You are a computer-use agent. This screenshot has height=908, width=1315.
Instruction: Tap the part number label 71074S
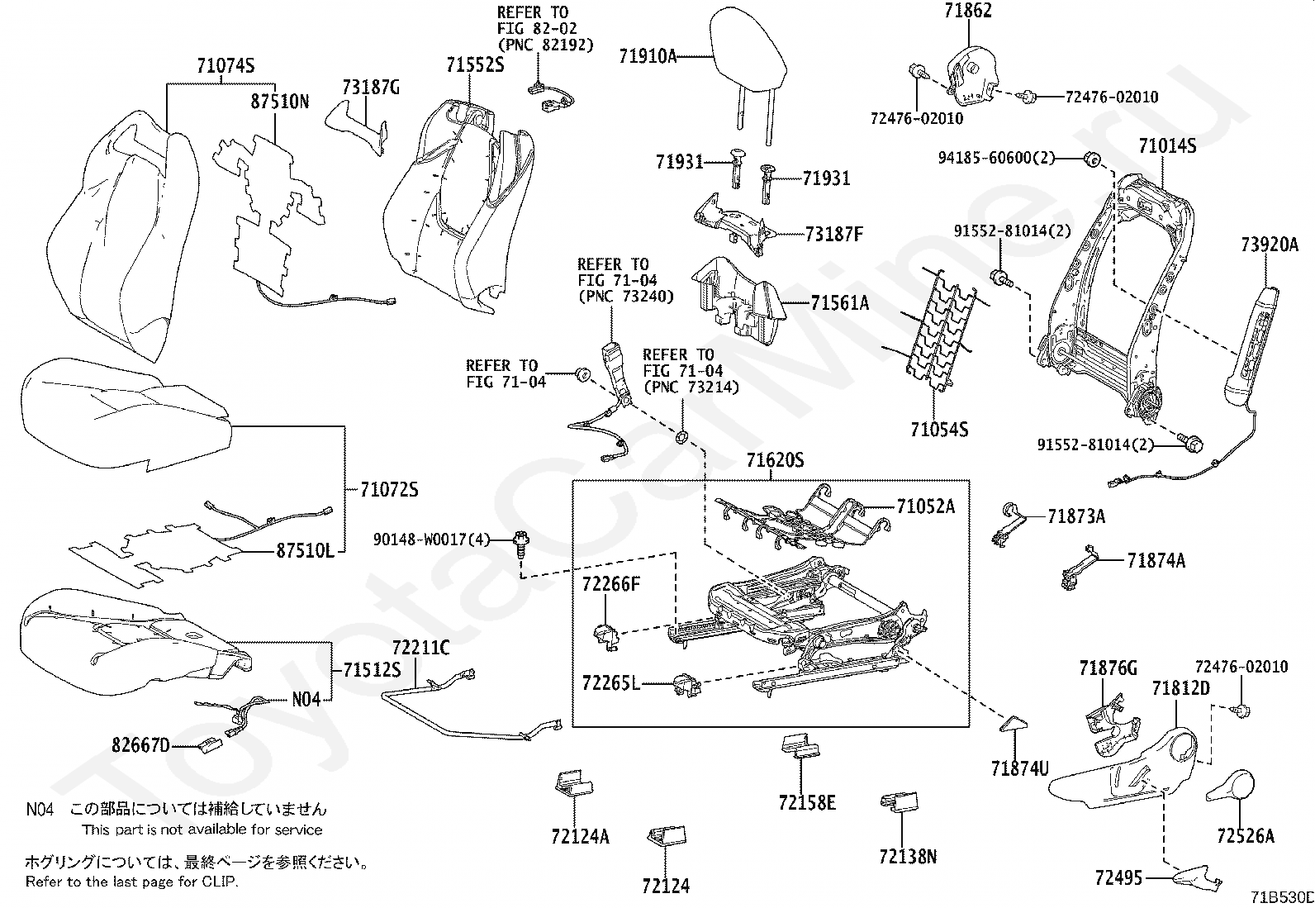click(225, 66)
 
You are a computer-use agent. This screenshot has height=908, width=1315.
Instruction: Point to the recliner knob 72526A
click(1231, 784)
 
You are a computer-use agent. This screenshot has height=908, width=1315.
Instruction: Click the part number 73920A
click(1269, 245)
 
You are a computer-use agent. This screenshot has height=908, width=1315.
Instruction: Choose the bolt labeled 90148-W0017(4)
click(523, 543)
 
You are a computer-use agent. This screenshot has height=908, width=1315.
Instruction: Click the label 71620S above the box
click(775, 461)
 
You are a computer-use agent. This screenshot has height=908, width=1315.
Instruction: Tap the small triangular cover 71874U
click(1013, 724)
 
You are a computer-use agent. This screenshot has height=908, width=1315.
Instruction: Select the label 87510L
click(305, 551)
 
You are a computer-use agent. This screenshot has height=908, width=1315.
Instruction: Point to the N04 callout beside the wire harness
click(306, 699)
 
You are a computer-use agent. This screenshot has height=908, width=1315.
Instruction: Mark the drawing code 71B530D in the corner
click(1280, 897)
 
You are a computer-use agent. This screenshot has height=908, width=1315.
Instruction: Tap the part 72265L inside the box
click(686, 683)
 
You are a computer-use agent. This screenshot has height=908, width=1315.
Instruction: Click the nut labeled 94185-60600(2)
click(1090, 158)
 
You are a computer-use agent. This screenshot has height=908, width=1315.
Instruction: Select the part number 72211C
click(420, 648)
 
